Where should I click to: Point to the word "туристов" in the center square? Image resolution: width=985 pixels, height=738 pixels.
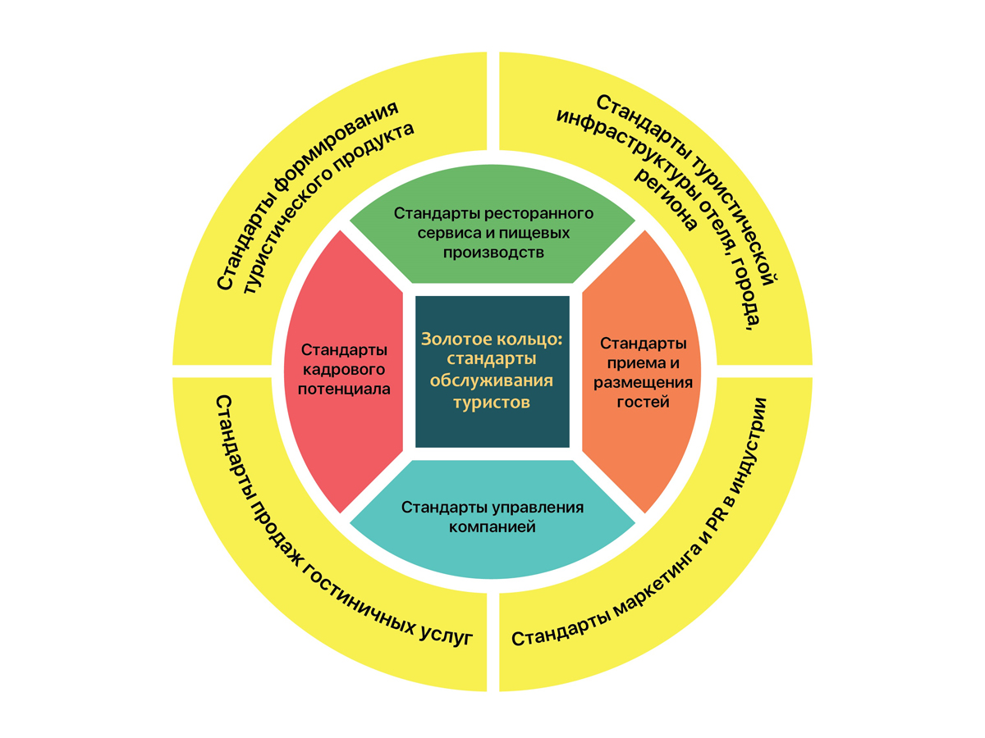coord(492,403)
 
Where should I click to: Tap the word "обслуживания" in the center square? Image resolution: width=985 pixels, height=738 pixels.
coord(492,381)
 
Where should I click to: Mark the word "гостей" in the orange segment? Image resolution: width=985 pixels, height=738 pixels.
coord(644,402)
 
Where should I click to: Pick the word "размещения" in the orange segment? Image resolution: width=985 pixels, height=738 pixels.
coord(644,382)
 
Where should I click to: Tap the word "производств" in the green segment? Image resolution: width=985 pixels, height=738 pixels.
coord(492,252)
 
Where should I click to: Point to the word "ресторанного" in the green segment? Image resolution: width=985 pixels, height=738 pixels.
coord(538,213)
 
